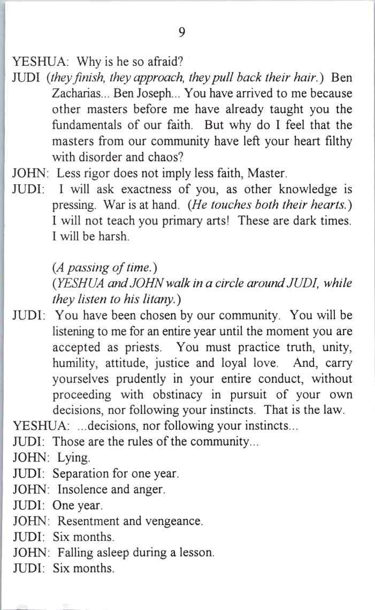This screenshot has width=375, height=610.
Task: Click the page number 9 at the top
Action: coord(182,33)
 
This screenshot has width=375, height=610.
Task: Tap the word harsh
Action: coord(114,237)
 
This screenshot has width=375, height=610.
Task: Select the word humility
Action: coord(74,363)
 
